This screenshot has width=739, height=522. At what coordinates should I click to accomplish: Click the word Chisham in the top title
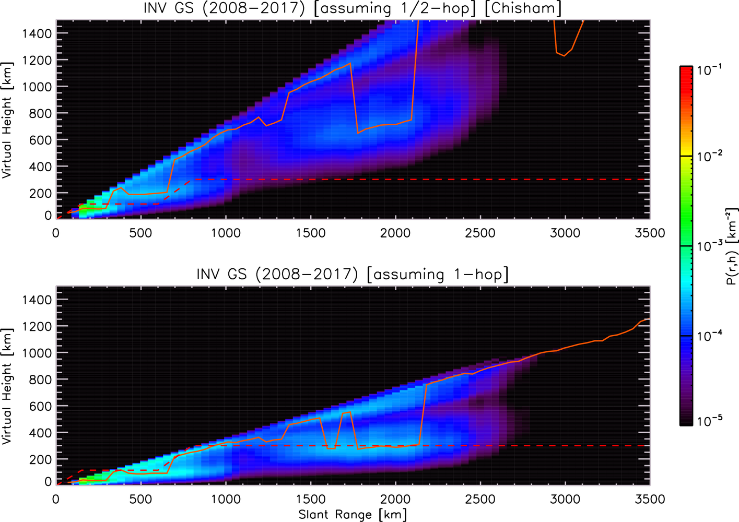[524, 8]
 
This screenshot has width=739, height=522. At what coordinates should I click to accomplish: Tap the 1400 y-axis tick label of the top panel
[37, 33]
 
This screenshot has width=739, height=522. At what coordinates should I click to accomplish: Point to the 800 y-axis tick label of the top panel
[41, 113]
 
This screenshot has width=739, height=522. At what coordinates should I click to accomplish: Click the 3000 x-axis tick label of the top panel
[565, 233]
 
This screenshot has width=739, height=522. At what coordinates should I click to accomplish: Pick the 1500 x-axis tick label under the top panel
[310, 233]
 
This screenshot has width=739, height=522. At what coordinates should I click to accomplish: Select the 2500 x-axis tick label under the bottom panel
[480, 499]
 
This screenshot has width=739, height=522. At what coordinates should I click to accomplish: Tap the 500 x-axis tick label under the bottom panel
[141, 499]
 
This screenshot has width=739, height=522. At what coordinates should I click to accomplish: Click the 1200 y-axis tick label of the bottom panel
[37, 326]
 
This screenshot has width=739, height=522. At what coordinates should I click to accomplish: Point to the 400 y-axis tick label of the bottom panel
[41, 432]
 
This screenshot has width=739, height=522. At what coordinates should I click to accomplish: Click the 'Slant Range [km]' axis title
[353, 514]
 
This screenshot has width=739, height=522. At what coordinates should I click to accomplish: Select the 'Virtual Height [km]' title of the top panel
[7, 120]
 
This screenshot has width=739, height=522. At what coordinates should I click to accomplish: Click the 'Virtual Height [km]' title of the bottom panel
[7, 386]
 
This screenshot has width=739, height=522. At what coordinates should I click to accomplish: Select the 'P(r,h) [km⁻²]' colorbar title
[731, 246]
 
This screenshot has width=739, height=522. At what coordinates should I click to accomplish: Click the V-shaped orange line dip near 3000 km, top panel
[564, 56]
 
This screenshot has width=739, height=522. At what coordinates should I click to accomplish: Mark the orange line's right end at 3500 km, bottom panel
[649, 318]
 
